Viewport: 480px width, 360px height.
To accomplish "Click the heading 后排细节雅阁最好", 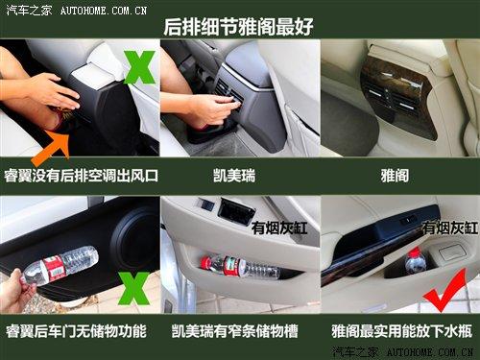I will (240, 25).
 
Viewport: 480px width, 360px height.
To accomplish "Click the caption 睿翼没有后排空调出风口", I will (81, 177).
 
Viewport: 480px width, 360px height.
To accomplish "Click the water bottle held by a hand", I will (60, 264).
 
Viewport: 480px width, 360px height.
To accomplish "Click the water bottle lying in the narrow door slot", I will (239, 266).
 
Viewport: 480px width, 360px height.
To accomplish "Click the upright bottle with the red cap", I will (416, 260).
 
